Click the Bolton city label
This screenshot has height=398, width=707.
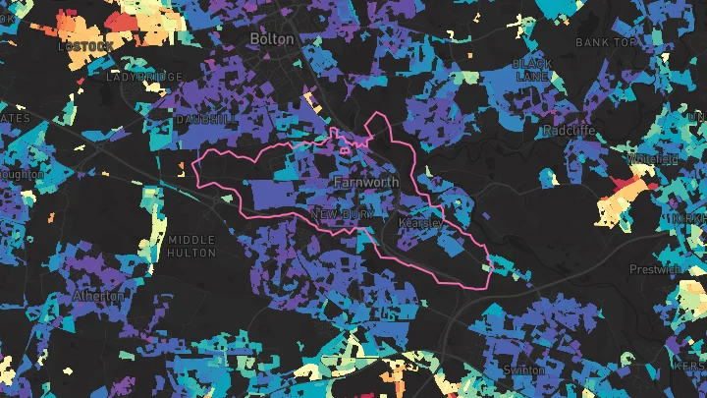point(272,38)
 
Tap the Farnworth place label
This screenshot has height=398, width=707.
point(365,183)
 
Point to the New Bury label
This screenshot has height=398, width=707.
point(337,213)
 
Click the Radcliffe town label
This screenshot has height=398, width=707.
point(568,130)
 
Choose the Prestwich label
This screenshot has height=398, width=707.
point(655,268)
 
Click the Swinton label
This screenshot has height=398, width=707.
point(523,370)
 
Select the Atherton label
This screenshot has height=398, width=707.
point(98,296)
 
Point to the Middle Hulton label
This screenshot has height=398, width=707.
point(191,247)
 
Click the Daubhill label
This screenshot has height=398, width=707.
point(204,119)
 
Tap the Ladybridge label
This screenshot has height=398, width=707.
point(145,76)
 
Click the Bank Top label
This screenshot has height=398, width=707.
point(606,43)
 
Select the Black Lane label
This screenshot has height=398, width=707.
point(531,69)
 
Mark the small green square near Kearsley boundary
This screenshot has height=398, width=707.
point(486,266)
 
